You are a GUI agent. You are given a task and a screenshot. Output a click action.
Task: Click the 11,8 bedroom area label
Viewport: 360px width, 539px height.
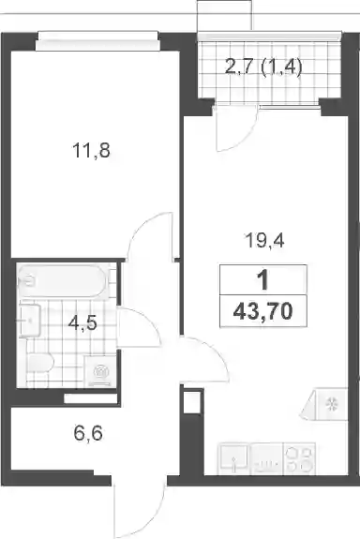click(x=92, y=151)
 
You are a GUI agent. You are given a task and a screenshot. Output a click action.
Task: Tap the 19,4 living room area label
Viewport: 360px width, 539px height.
click(x=264, y=240)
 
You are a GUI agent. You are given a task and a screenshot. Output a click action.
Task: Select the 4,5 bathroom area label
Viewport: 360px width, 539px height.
click(x=82, y=323)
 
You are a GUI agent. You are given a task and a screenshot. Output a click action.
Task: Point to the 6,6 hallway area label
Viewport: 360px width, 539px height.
click(x=88, y=433)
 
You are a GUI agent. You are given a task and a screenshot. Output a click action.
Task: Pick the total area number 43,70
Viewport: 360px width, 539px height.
click(x=263, y=312)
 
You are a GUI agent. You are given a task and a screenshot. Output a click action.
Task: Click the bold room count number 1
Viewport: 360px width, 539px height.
click(x=263, y=280)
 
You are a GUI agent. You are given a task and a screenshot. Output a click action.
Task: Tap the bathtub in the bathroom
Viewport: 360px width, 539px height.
click(x=63, y=281)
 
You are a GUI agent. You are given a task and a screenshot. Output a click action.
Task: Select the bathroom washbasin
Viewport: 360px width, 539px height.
click(x=30, y=320)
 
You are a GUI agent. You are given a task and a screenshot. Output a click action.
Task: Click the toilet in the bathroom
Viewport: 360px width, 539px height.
click(x=39, y=363)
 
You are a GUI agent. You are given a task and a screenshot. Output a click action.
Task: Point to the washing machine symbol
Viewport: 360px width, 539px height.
click(x=100, y=371)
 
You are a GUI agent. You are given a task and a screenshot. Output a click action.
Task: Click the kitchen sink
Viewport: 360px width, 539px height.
click(x=233, y=458)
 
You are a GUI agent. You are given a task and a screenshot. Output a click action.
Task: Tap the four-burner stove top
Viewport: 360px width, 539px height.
click(x=299, y=458)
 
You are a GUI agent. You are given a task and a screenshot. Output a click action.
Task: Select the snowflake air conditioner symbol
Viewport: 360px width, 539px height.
click(x=331, y=404)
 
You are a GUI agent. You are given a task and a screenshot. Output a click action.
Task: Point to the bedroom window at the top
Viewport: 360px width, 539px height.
click(x=97, y=40)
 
